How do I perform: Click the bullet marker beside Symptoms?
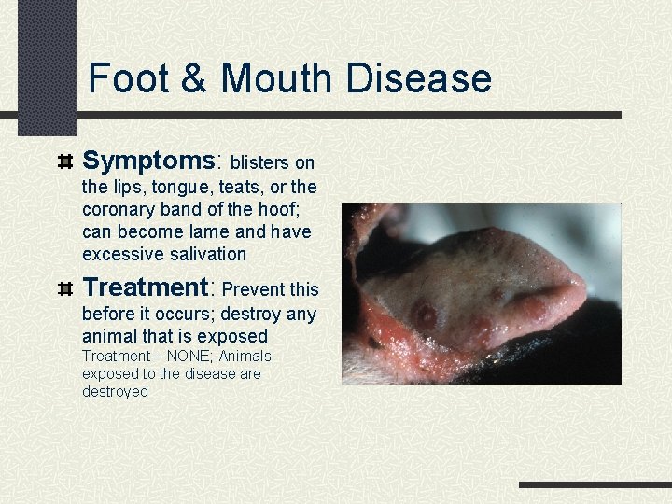coord(65,161)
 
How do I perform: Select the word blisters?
coord(262,164)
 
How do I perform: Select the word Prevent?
coord(254,290)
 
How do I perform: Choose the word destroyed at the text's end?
coord(115,392)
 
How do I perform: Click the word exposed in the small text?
coord(110,374)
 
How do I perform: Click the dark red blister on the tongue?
coord(425,315)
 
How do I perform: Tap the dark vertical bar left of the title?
coord(47,65)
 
